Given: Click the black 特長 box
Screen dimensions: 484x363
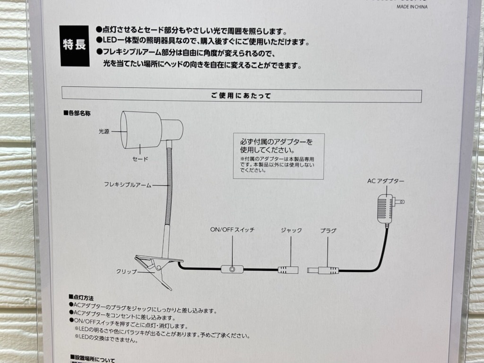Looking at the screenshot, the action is click(74, 45).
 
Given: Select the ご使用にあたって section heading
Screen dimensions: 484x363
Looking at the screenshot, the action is click(241, 95).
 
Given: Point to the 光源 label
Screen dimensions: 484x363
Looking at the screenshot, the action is click(104, 132).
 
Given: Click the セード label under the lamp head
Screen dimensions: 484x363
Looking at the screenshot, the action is click(140, 159).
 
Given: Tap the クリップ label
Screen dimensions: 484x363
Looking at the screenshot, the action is click(126, 272).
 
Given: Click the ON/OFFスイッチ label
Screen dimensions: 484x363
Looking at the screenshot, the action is click(233, 230).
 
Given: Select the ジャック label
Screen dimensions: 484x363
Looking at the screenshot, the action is click(291, 230).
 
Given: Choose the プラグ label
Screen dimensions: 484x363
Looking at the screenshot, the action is click(328, 230).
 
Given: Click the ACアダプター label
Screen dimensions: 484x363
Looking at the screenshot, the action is click(386, 181).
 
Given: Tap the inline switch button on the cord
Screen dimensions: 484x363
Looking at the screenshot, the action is click(233, 269).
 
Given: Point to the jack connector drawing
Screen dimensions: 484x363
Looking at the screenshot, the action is click(288, 270).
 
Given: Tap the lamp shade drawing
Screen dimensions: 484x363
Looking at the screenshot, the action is click(141, 130).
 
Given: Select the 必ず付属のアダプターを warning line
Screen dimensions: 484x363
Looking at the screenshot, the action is click(277, 141).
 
